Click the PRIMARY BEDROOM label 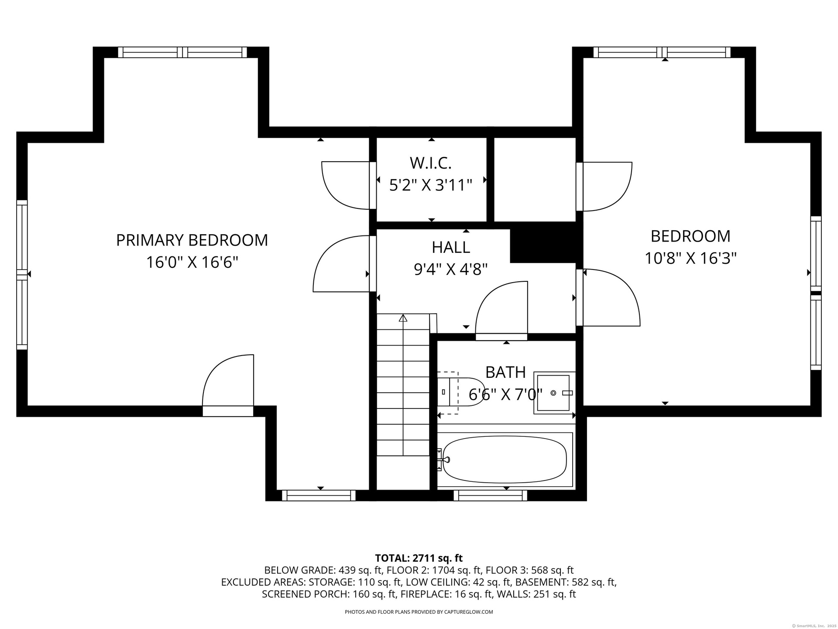pos(192,240)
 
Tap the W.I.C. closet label pos(430,163)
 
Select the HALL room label pos(451,247)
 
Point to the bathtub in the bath pos(505,460)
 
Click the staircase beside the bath pos(403,384)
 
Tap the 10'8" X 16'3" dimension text pos(690,258)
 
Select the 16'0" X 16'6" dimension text pos(192,263)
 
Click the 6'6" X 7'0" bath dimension pos(505,394)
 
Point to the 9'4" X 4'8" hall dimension pos(451,269)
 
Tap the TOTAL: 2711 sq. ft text pos(419,558)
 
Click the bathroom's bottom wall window pos(491,495)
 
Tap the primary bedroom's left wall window pos(22,275)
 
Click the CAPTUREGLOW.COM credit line pos(419,612)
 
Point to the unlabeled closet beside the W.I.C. pos(535,180)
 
